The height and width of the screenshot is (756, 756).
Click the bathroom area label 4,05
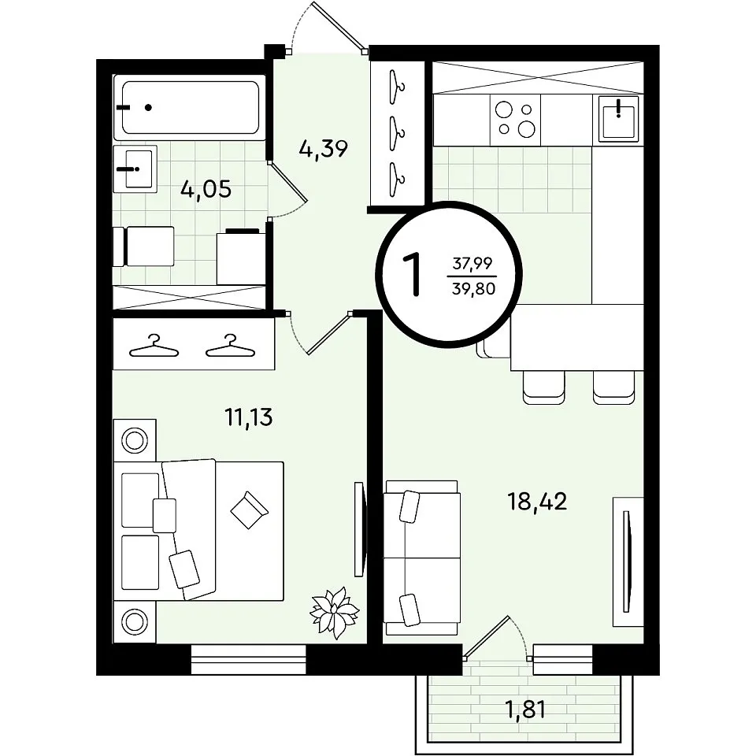(206, 188)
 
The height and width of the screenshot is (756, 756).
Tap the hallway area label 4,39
(323, 148)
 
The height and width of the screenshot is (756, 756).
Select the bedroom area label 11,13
(249, 417)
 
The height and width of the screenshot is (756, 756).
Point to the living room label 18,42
(537, 502)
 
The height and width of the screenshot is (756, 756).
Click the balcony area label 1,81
(525, 710)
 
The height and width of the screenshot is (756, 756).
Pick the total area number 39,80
(473, 289)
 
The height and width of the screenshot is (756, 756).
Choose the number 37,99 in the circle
(472, 263)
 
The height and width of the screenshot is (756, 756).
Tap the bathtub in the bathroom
(190, 107)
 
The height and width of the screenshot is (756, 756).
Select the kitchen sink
(619, 119)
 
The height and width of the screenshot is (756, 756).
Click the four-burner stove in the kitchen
(515, 120)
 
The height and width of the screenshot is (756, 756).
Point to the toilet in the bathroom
(143, 246)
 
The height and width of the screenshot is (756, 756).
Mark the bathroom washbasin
(135, 169)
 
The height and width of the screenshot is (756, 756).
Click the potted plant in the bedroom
(334, 613)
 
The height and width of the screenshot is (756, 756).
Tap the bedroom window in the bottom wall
(249, 660)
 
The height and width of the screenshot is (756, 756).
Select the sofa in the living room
(421, 558)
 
